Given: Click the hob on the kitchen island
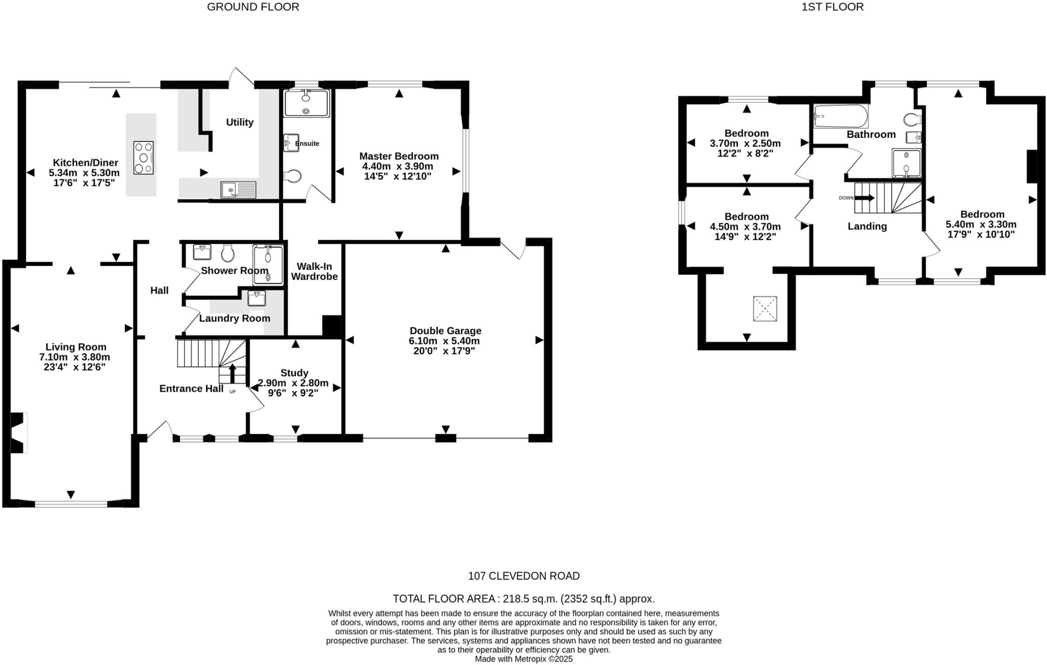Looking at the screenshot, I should [x=144, y=158].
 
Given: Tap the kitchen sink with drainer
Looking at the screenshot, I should [x=238, y=190].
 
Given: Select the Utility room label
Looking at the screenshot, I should [x=240, y=122].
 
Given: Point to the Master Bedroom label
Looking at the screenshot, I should [x=399, y=156].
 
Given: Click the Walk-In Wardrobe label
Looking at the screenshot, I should [x=314, y=271].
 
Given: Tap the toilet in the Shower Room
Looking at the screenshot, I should [x=228, y=253].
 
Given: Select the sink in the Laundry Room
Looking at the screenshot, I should [x=257, y=298].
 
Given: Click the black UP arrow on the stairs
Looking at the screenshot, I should [x=232, y=372].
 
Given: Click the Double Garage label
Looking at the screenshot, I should [x=445, y=331].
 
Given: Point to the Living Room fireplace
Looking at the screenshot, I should [x=18, y=432].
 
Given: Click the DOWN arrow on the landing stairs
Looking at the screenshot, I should [x=864, y=197].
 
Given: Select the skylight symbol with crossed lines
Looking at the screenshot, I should [x=765, y=309].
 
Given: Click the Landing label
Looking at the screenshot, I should [x=867, y=226].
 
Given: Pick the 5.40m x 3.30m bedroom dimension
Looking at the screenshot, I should [x=981, y=224].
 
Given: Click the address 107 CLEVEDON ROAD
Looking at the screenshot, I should [x=523, y=576].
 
